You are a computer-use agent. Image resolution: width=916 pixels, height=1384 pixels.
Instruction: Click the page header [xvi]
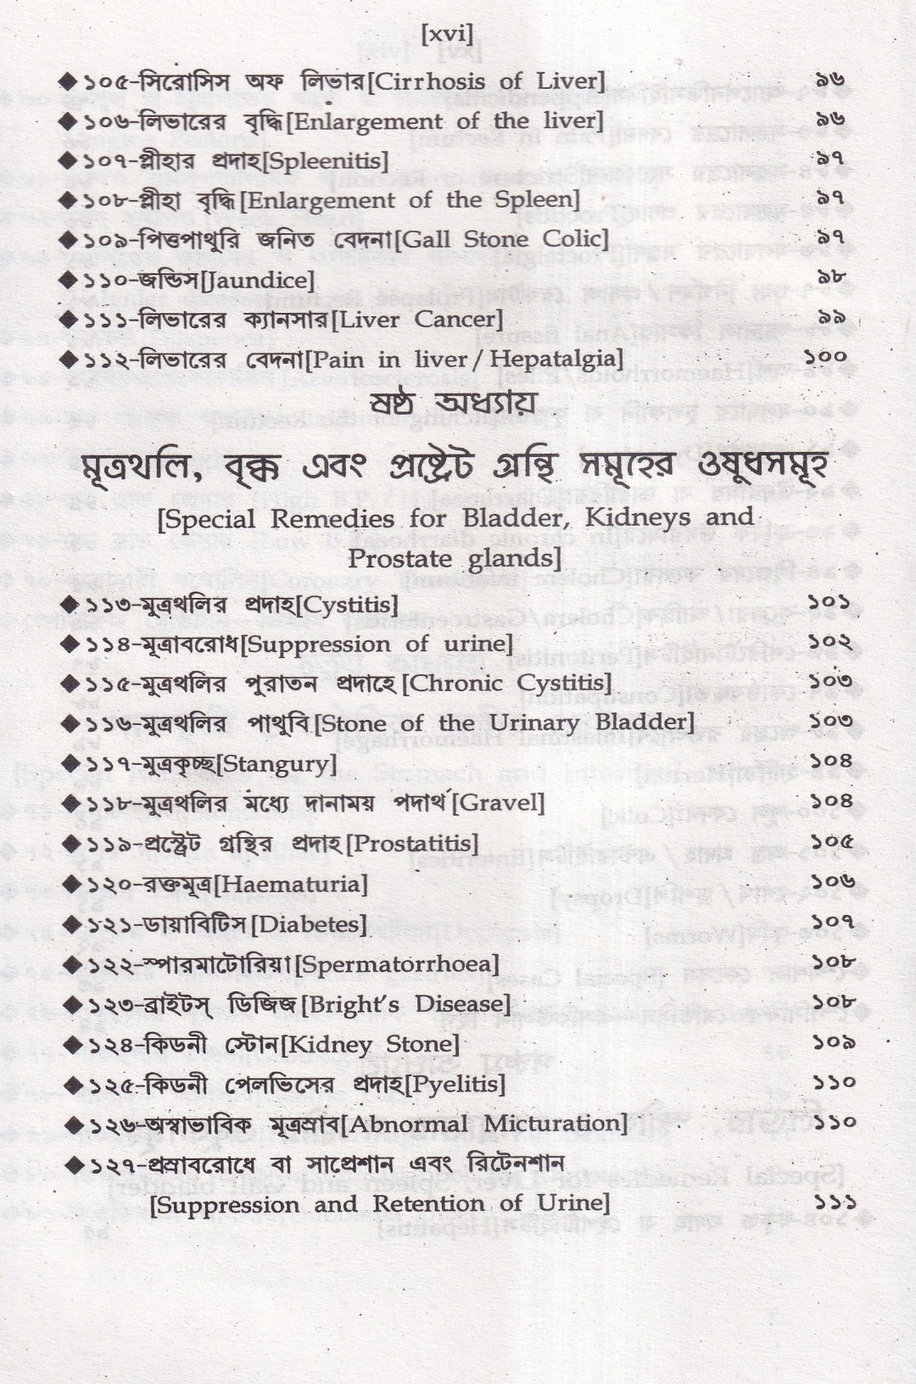click(x=446, y=33)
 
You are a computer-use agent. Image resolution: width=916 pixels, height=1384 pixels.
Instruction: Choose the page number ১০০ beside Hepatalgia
click(x=824, y=357)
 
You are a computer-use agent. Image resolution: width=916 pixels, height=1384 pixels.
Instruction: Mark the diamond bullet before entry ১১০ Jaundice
click(x=69, y=281)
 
